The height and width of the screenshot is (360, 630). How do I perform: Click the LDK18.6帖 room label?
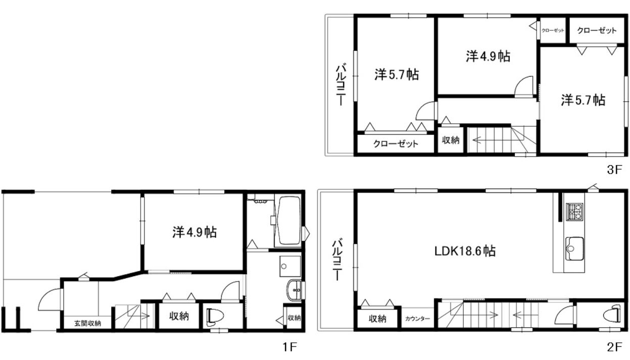(x=465, y=251)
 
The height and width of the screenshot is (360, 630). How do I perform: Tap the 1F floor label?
(x=289, y=347)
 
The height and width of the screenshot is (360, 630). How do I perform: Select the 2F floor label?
(x=614, y=347)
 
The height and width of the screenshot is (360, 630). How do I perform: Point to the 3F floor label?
(x=614, y=170)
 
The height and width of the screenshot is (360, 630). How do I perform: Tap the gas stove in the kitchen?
(x=574, y=212)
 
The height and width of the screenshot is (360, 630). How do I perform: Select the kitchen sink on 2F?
(x=574, y=249)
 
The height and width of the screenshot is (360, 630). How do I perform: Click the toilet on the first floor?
(x=215, y=317)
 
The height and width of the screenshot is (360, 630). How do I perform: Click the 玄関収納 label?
(x=87, y=323)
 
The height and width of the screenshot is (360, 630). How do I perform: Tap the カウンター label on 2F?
(x=417, y=319)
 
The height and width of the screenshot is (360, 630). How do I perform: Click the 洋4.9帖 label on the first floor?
(x=195, y=232)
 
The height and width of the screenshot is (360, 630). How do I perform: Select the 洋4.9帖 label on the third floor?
(x=488, y=56)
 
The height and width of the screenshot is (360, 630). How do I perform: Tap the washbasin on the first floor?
(x=294, y=291)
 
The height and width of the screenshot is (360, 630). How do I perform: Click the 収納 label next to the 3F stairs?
(x=451, y=140)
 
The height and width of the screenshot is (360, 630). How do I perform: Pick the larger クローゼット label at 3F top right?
(x=597, y=30)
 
